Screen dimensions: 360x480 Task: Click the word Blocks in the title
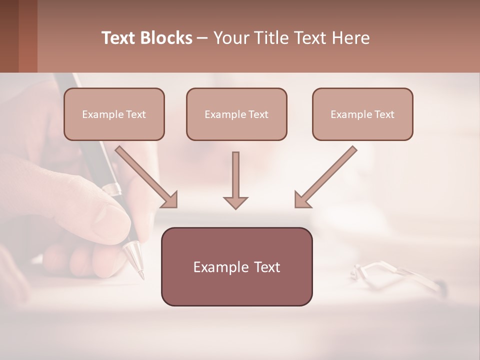pos(166,38)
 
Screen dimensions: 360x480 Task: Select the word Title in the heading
pos(268,38)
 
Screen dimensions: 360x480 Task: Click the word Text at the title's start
pos(119,38)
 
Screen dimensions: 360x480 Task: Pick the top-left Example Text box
pos(114,114)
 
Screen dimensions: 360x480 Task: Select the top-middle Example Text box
pos(236,114)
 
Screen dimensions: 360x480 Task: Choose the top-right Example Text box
pos(362,114)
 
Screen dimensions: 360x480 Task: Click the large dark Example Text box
pos(236,267)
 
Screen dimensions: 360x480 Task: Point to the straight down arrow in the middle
pos(235,180)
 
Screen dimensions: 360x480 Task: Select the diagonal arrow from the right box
pos(325,176)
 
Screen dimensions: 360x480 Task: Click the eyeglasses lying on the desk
pos(395,275)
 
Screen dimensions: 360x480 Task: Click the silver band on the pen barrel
pos(112,189)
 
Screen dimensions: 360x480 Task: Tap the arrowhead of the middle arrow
pos(235,202)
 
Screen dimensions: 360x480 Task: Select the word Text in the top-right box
pos(384,114)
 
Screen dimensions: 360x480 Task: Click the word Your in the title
pos(231,38)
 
